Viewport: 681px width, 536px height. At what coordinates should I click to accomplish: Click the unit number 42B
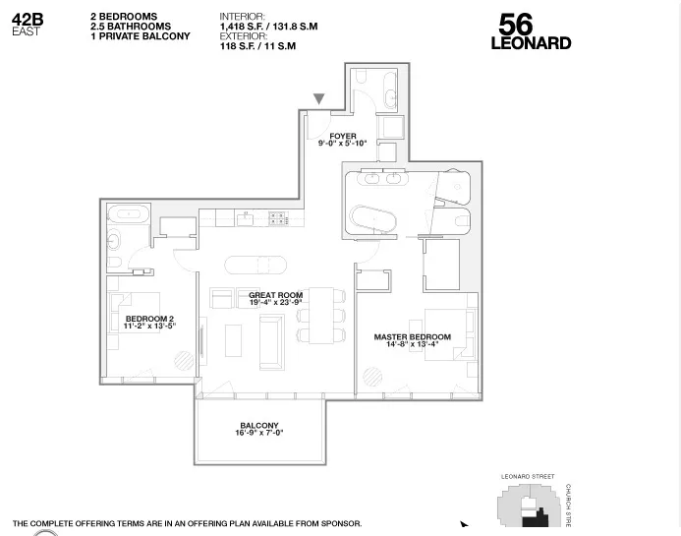coord(28,20)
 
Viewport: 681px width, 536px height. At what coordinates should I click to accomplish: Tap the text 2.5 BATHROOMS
coord(131,27)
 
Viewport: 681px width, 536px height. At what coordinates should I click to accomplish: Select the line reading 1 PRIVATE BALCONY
coord(141,36)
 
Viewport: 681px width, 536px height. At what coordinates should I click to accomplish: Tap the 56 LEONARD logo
coord(531,32)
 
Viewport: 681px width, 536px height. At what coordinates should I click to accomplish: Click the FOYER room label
coord(343,137)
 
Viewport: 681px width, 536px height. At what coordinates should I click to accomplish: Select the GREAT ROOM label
coord(275,295)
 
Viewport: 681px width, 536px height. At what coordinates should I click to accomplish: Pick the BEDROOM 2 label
coord(149,319)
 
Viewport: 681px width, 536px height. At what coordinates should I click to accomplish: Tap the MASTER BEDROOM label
coord(412,337)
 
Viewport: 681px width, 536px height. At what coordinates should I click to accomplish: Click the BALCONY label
coord(258,426)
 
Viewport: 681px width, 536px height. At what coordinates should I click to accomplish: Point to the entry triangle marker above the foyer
coord(318,99)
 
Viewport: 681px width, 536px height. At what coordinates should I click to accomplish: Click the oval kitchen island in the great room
coord(257,264)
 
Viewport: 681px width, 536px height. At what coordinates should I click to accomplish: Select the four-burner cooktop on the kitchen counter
coord(278,218)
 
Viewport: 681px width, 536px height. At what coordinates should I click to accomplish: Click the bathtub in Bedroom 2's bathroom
coord(128,213)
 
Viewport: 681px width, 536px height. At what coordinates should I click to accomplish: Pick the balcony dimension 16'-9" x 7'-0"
coord(258,434)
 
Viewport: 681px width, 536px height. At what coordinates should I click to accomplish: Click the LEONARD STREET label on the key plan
coord(528,477)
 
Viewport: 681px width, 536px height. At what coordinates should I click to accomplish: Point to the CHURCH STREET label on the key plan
coord(568,505)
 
